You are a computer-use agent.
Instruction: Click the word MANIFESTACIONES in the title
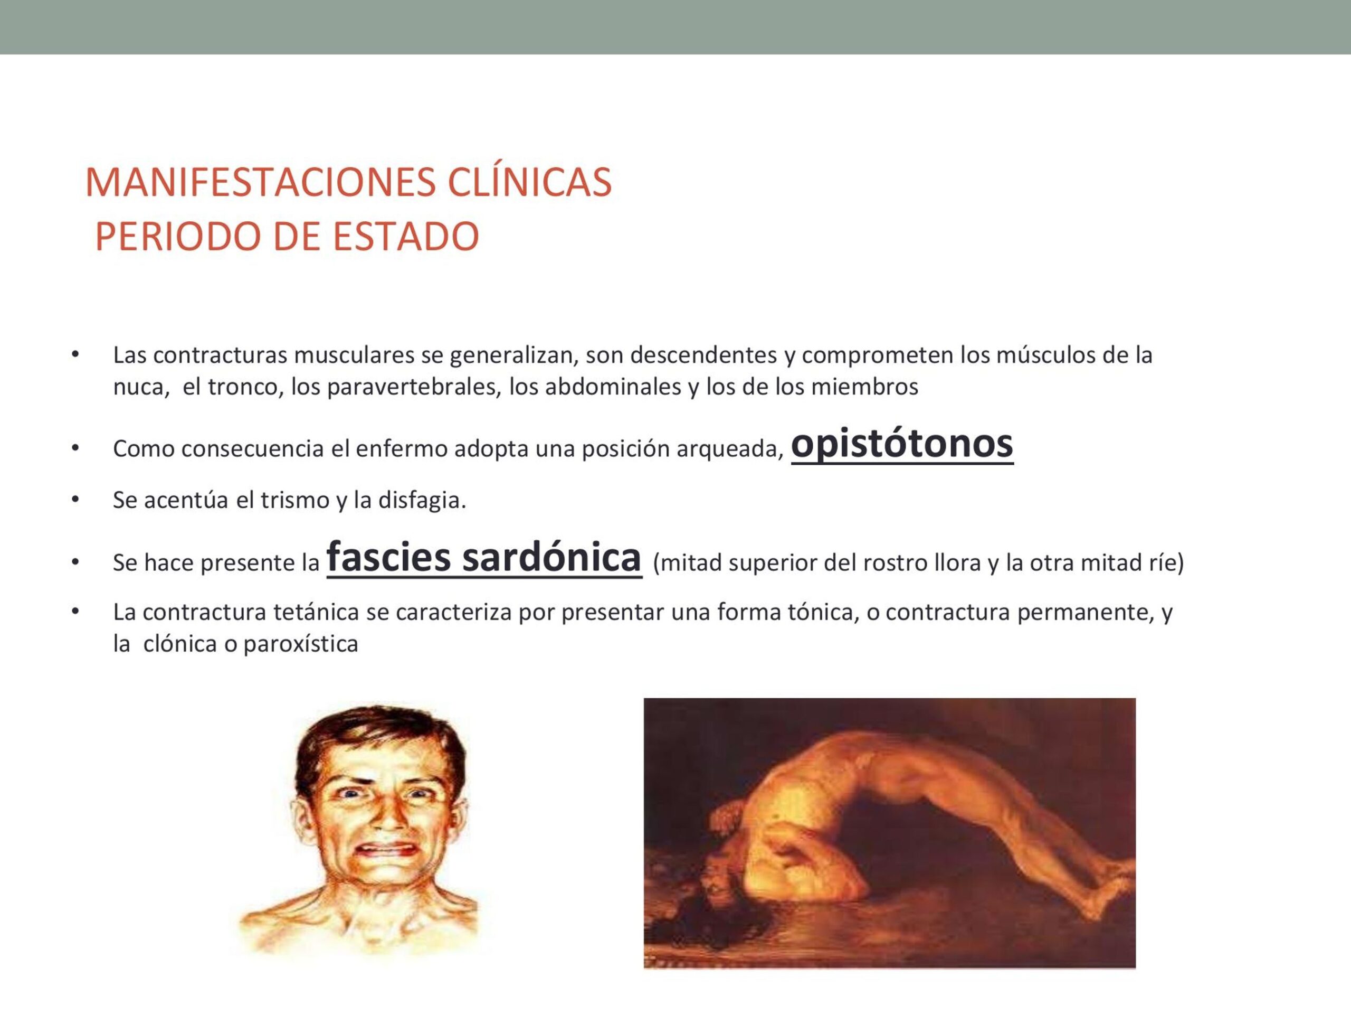(x=261, y=182)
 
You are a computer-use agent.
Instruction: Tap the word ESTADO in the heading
(x=406, y=237)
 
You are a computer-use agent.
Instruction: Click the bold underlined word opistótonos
(x=902, y=444)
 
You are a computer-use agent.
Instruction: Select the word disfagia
(x=422, y=501)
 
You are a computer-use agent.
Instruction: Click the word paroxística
(x=300, y=645)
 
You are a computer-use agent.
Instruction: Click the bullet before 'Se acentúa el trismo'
(x=75, y=500)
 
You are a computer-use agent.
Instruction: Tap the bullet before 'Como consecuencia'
(x=75, y=448)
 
